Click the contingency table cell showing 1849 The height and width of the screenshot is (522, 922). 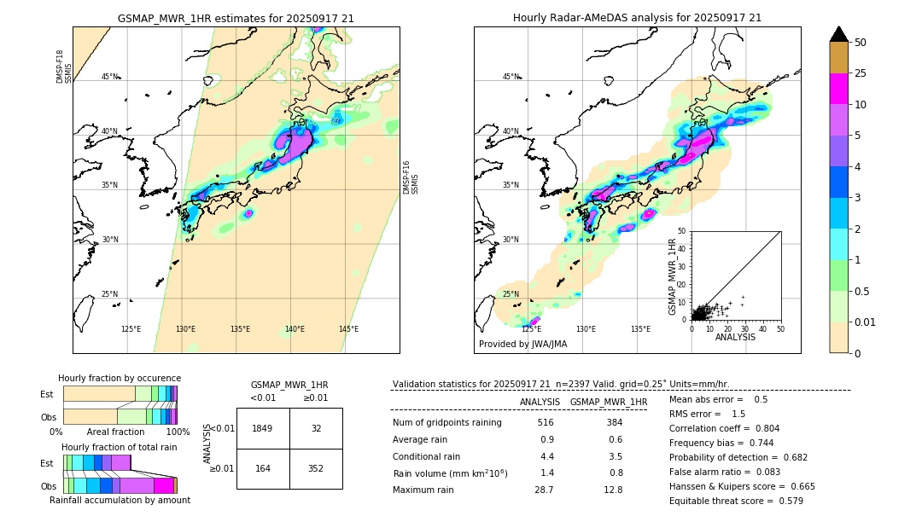coord(263,428)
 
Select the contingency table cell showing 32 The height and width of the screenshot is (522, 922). coord(316,428)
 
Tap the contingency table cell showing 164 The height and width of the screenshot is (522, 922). coord(263,468)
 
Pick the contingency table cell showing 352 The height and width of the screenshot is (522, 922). coord(316,468)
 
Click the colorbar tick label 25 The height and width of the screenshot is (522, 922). coord(861,73)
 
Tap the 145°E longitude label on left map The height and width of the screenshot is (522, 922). coord(348,329)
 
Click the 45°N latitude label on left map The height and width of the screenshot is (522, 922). coord(109,77)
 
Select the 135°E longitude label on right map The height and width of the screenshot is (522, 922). coord(640,329)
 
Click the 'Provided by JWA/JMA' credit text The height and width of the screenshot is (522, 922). coord(522,345)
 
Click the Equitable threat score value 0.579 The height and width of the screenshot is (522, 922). coord(786,501)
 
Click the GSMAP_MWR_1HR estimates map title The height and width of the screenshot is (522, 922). coord(236,18)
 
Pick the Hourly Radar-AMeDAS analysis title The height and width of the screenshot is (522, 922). coord(637,18)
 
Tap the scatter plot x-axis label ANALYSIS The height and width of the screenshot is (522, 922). coord(735,337)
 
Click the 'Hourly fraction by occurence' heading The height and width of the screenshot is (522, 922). coord(120,378)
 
